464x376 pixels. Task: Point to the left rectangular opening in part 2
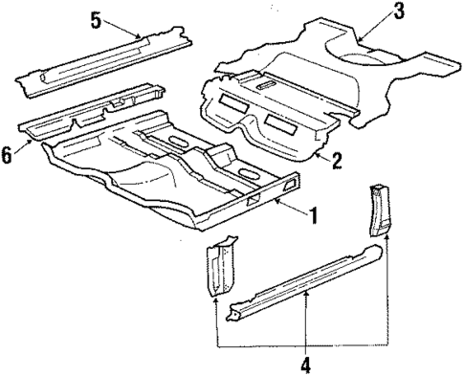point(232,100)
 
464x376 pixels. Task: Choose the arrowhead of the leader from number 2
point(315,150)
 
